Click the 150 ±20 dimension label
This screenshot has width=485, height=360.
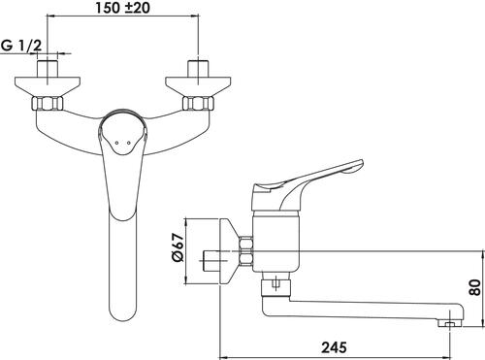click(x=122, y=8)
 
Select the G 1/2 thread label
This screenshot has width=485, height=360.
click(x=21, y=46)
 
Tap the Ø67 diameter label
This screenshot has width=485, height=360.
click(x=178, y=247)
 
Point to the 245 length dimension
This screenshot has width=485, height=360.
click(x=334, y=347)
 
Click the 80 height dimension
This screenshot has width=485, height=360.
click(x=475, y=287)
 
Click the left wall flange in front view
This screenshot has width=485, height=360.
click(x=48, y=86)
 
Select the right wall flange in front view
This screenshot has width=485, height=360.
click(x=198, y=86)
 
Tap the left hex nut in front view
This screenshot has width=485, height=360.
click(x=48, y=104)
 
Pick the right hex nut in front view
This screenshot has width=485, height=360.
click(x=198, y=104)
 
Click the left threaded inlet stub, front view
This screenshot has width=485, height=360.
click(x=48, y=68)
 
